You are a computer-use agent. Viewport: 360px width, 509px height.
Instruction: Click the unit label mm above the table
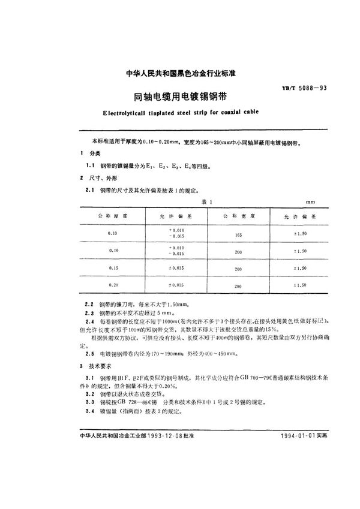pos(310,203)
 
